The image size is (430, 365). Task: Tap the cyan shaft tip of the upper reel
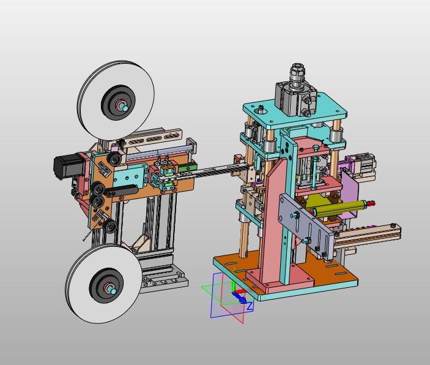click(x=125, y=108)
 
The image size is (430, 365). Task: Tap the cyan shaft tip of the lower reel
click(x=112, y=290)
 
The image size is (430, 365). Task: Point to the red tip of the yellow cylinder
click(x=372, y=203)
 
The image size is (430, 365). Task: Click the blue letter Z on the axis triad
click(x=250, y=306)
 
